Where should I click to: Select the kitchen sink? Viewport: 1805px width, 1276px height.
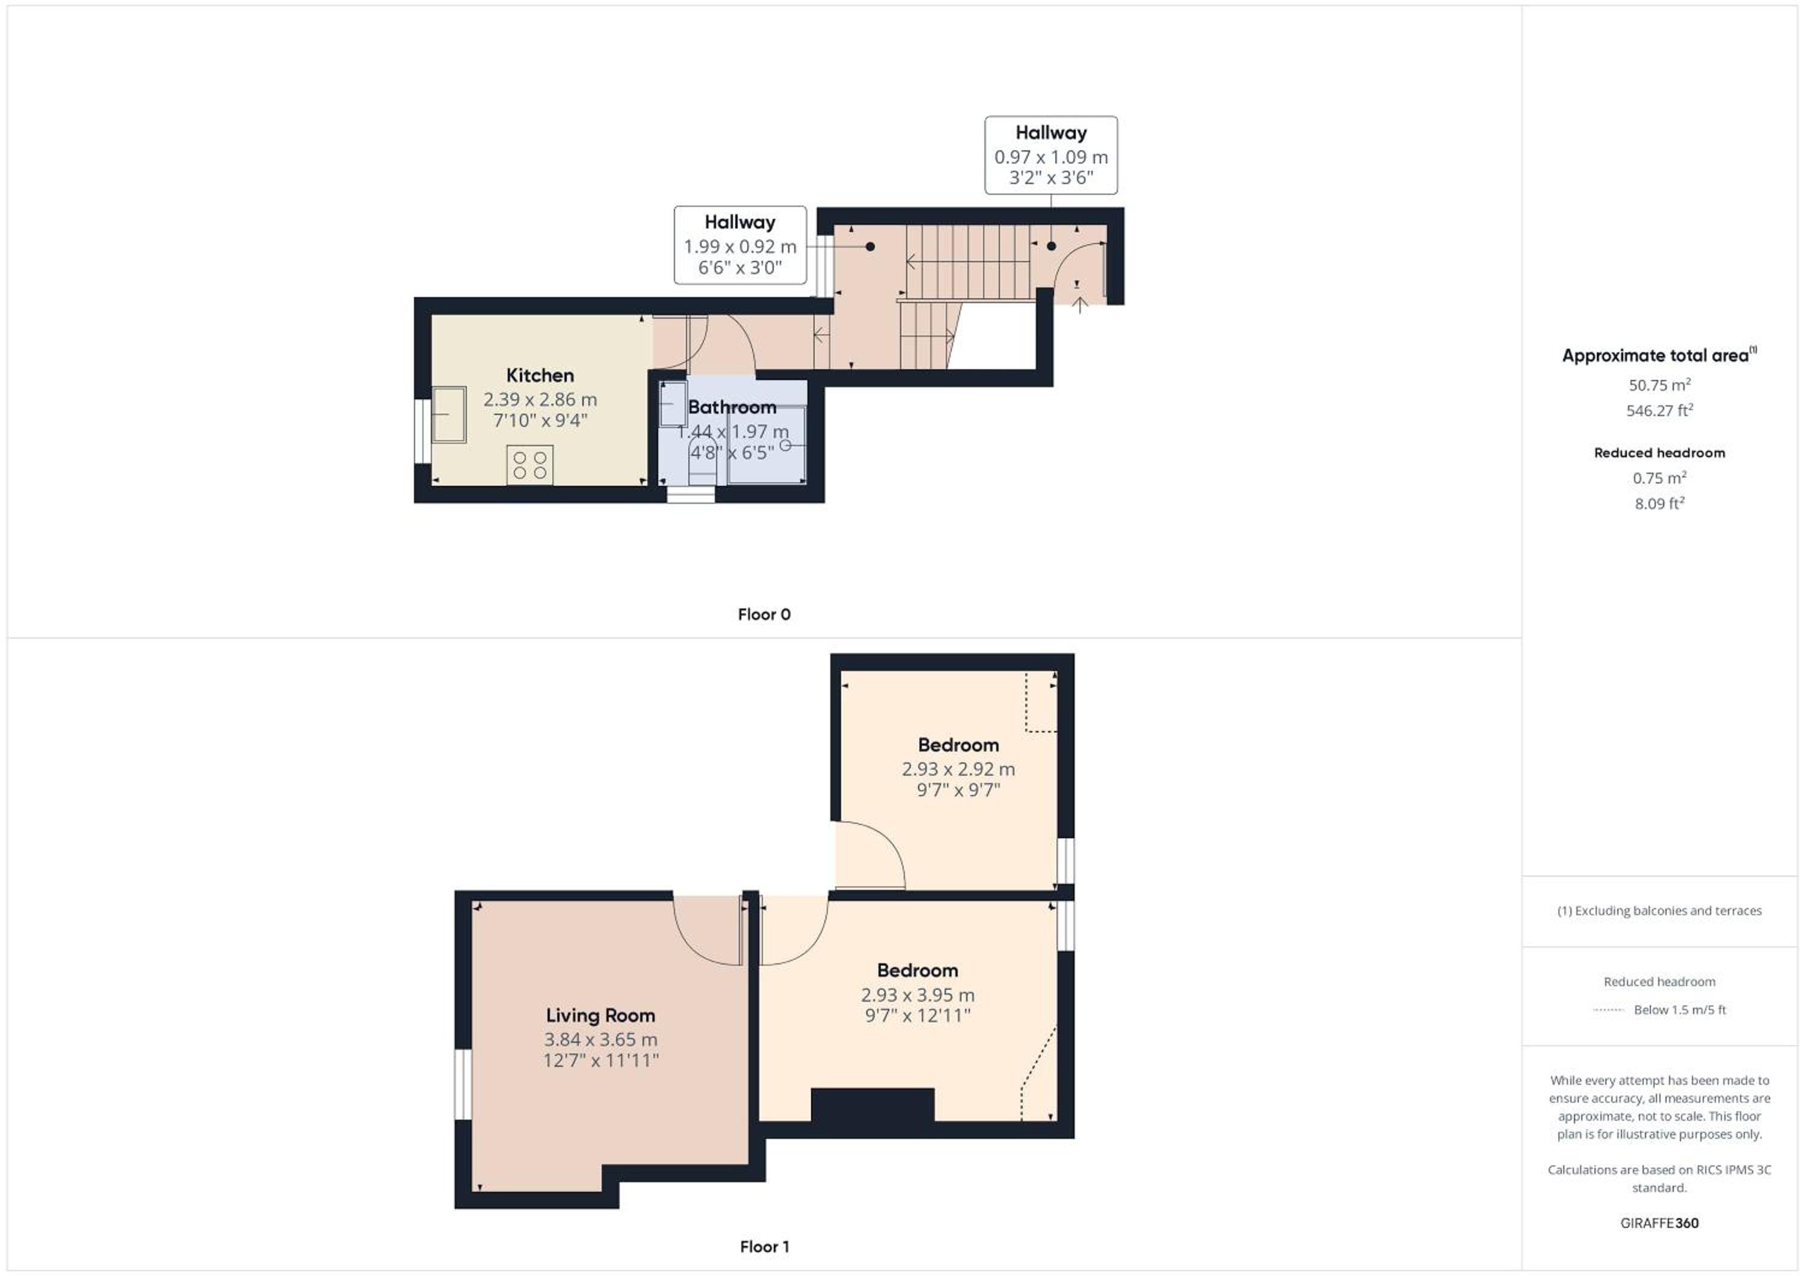(x=449, y=414)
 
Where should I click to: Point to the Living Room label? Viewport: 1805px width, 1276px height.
(x=600, y=1015)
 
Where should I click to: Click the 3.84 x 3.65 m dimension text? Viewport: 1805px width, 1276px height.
(x=600, y=1040)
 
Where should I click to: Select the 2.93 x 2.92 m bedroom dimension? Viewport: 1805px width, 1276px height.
(x=958, y=769)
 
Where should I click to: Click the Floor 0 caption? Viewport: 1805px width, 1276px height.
(x=764, y=615)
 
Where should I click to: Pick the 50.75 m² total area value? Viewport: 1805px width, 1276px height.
(x=1659, y=385)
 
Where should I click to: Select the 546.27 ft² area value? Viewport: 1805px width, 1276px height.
(x=1659, y=410)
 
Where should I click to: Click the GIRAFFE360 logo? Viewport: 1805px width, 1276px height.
(x=1659, y=1222)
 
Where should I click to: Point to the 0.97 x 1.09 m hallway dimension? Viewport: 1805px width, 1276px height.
(x=1051, y=157)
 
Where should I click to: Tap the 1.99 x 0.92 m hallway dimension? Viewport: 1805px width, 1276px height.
(x=740, y=247)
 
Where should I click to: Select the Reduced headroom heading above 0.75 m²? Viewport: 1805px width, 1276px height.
(x=1659, y=453)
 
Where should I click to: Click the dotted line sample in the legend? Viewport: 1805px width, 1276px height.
(x=1608, y=1010)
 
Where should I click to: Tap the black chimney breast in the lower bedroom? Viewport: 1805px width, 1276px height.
(x=872, y=1105)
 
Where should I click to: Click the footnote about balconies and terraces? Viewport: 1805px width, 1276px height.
(x=1659, y=910)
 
